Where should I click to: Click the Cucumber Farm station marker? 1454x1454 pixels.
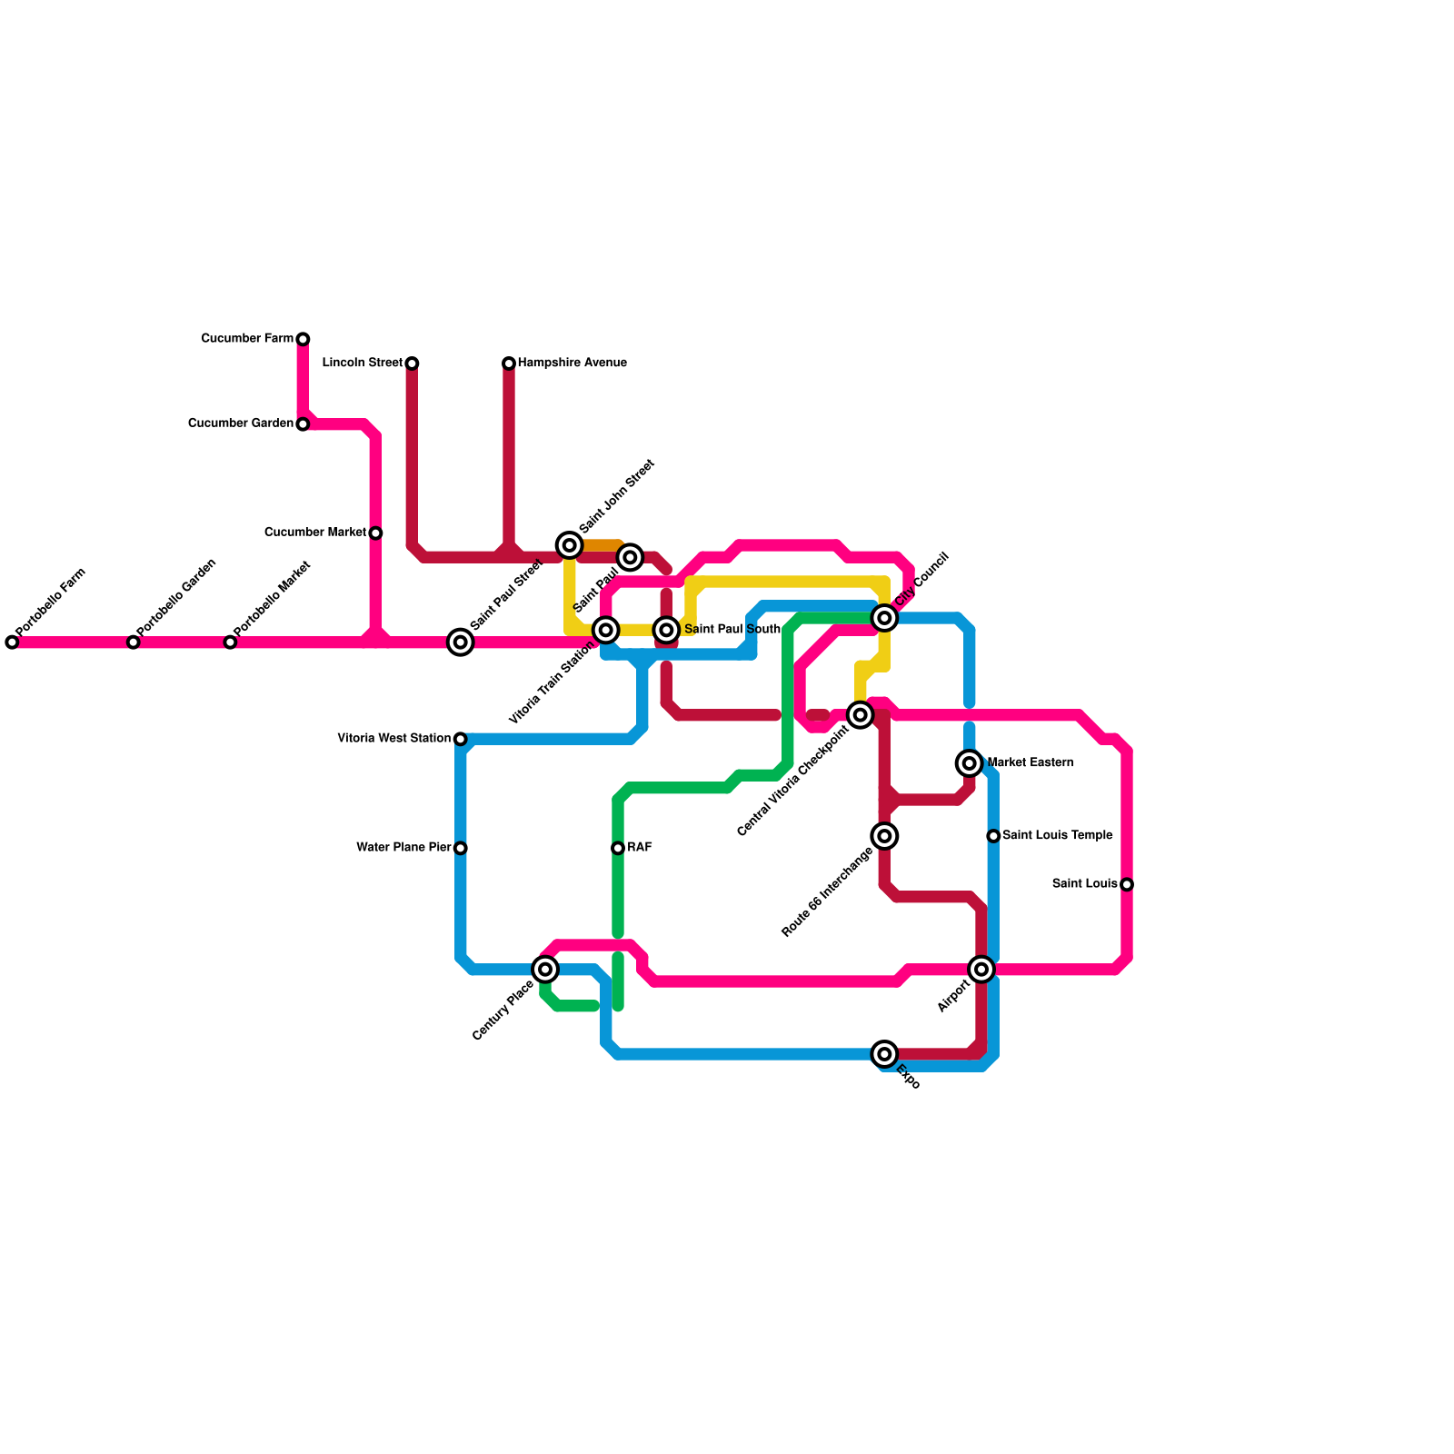click(x=303, y=339)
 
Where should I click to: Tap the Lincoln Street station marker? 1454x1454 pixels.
click(x=412, y=363)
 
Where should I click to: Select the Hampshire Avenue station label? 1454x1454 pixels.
click(x=572, y=363)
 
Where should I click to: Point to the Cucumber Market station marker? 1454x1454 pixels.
click(x=375, y=533)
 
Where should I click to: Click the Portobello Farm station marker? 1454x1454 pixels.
click(x=12, y=642)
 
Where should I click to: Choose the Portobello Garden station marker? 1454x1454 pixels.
click(x=134, y=642)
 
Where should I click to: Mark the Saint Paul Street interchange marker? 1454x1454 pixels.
click(x=461, y=642)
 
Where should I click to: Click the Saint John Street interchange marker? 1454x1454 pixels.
click(x=570, y=545)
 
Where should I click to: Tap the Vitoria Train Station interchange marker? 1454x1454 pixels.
click(x=606, y=630)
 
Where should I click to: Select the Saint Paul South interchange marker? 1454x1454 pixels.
click(x=667, y=630)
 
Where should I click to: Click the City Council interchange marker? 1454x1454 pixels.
click(x=885, y=618)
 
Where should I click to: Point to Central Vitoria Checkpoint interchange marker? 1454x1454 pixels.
click(x=861, y=715)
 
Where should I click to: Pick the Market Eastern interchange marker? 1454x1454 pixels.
click(x=970, y=763)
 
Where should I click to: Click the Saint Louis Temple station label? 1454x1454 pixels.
click(x=1057, y=836)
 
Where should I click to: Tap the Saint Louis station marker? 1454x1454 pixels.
click(x=1127, y=884)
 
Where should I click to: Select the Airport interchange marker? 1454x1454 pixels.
click(x=981, y=970)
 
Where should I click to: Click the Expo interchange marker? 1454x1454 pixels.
click(x=885, y=1054)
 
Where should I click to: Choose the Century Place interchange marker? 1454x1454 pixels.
click(x=545, y=970)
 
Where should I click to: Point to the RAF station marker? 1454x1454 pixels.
click(x=618, y=848)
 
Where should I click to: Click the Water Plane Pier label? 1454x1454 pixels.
click(x=403, y=848)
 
